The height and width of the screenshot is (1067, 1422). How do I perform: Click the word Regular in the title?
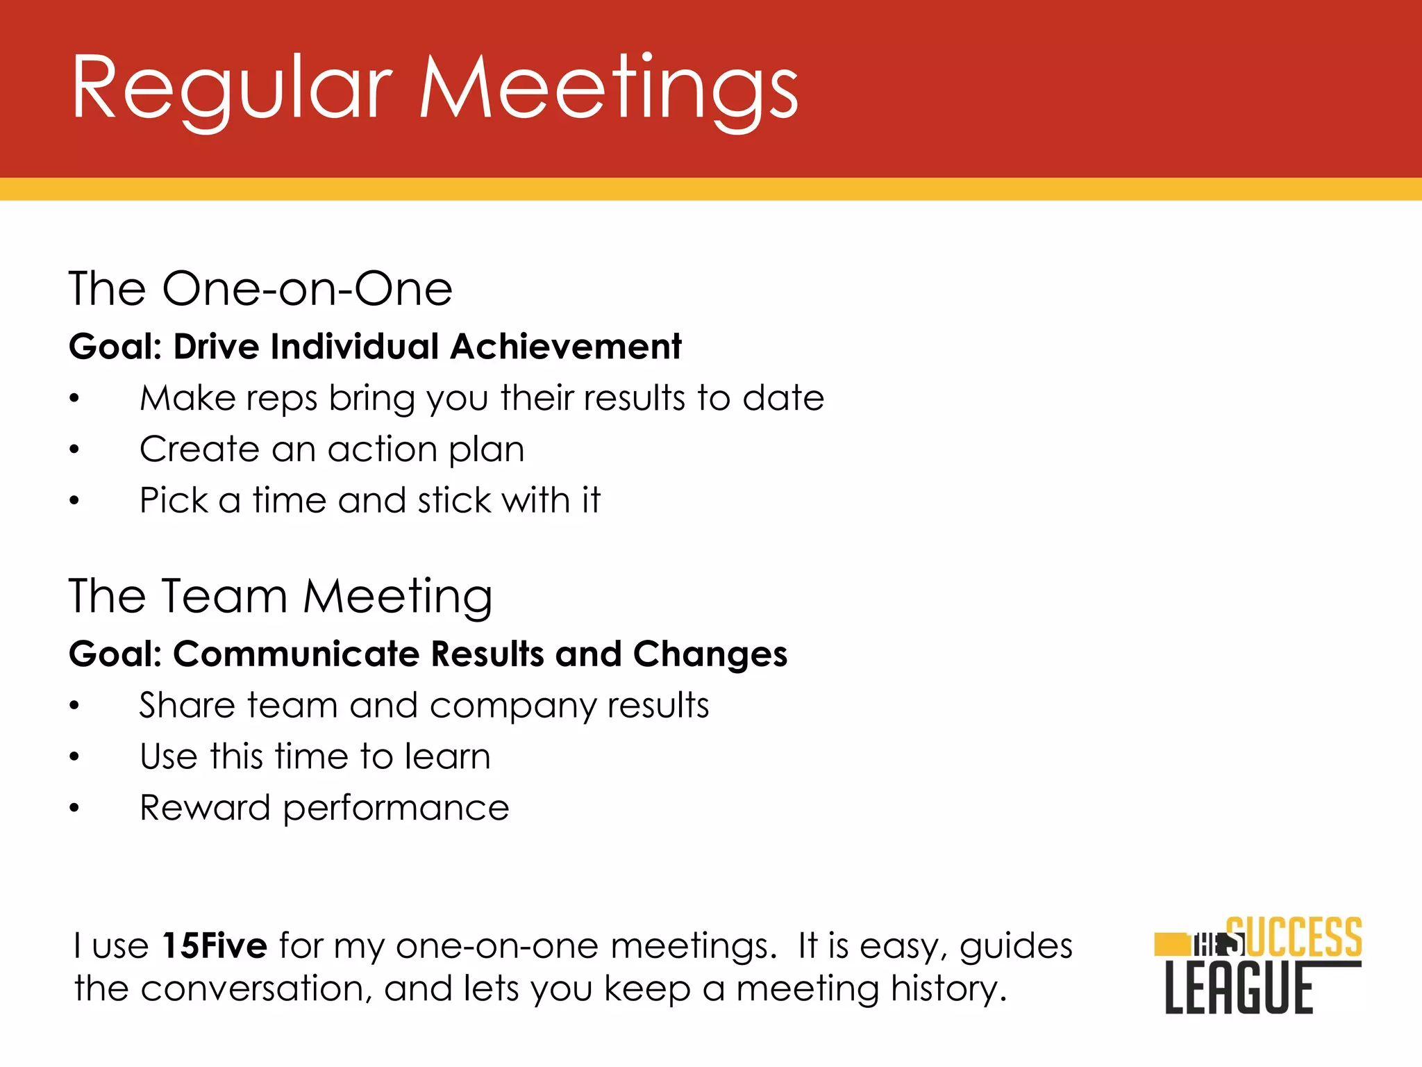pyautogui.click(x=232, y=89)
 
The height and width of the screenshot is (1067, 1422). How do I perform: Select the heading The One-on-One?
pyautogui.click(x=260, y=288)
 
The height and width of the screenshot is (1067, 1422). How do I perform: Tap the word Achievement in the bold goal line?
pyautogui.click(x=566, y=347)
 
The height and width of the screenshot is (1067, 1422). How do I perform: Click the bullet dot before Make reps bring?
pyautogui.click(x=74, y=399)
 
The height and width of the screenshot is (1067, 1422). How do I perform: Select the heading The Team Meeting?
pyautogui.click(x=281, y=596)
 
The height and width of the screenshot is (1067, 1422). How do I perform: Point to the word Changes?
pyautogui.click(x=710, y=654)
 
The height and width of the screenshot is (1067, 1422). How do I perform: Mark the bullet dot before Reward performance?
pyautogui.click(x=74, y=809)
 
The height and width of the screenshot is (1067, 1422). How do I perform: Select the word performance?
pyautogui.click(x=396, y=809)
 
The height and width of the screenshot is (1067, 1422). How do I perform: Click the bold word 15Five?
pyautogui.click(x=215, y=946)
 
